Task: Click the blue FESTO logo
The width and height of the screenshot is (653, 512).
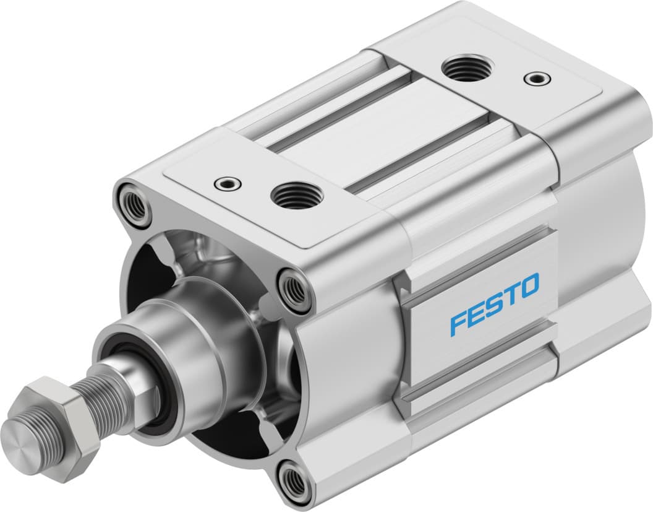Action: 494,305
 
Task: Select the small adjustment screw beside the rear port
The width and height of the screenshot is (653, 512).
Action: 535,79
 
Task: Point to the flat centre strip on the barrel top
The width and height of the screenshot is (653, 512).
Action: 371,124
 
